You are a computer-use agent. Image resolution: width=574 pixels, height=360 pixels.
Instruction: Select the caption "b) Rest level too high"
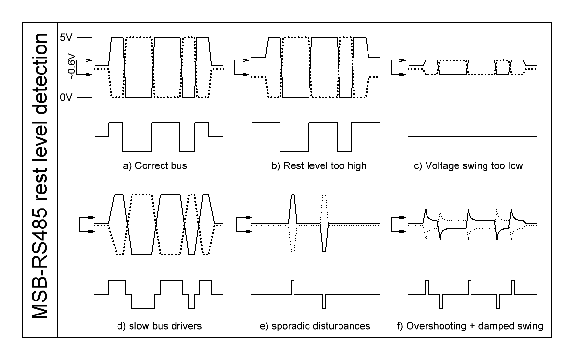(x=319, y=166)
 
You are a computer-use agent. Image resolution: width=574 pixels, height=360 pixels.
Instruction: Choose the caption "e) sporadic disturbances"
(x=315, y=326)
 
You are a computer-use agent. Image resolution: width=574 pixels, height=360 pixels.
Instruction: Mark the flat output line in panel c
(x=472, y=137)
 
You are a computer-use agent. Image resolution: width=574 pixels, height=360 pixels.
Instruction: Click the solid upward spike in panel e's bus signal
(x=292, y=208)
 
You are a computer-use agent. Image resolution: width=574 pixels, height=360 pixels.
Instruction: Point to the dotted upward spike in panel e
(x=324, y=208)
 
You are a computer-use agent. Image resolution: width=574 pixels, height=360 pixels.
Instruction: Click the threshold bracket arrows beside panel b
(x=240, y=67)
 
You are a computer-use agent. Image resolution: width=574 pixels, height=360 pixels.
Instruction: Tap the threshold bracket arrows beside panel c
(x=398, y=67)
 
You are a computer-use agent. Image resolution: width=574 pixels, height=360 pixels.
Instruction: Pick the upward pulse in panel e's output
(x=292, y=287)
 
